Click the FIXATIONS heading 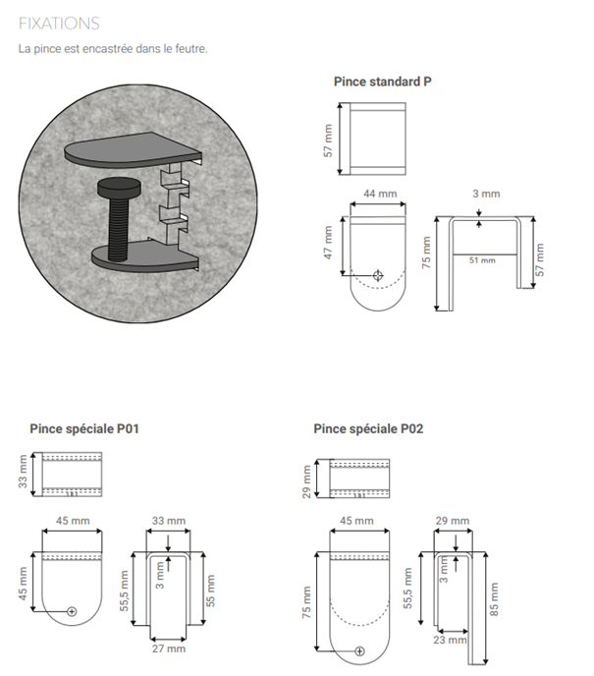click(59, 23)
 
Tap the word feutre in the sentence click(189, 48)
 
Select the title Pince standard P click(382, 82)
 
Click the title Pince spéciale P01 click(84, 428)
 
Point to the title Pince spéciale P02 click(368, 428)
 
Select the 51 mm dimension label click(481, 260)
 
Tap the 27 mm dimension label click(169, 648)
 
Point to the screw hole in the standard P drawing click(379, 275)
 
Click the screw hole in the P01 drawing click(73, 611)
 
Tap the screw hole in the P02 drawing click(359, 650)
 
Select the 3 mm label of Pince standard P click(485, 195)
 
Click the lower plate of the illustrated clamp click(137, 256)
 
